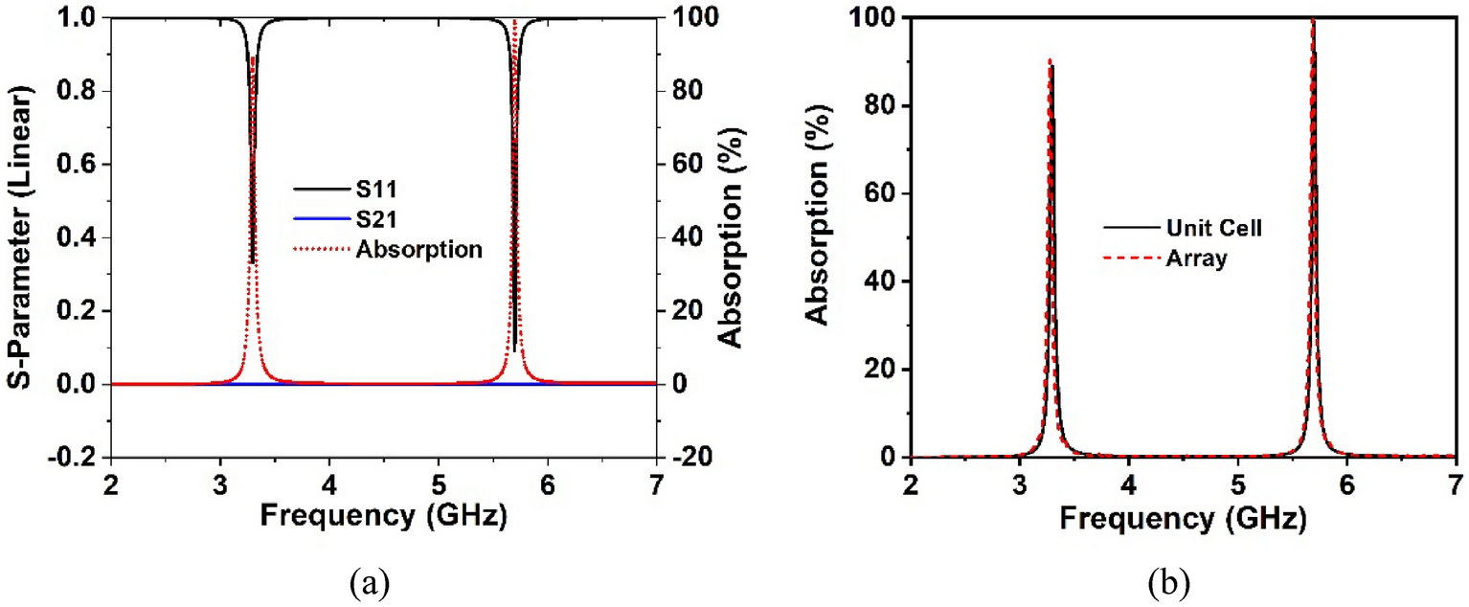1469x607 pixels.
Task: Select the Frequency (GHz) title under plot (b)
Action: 1183,520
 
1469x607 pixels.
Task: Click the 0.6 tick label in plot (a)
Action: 81,165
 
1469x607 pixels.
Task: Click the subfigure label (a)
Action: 369,580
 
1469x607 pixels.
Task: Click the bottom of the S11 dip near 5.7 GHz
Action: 514,350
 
